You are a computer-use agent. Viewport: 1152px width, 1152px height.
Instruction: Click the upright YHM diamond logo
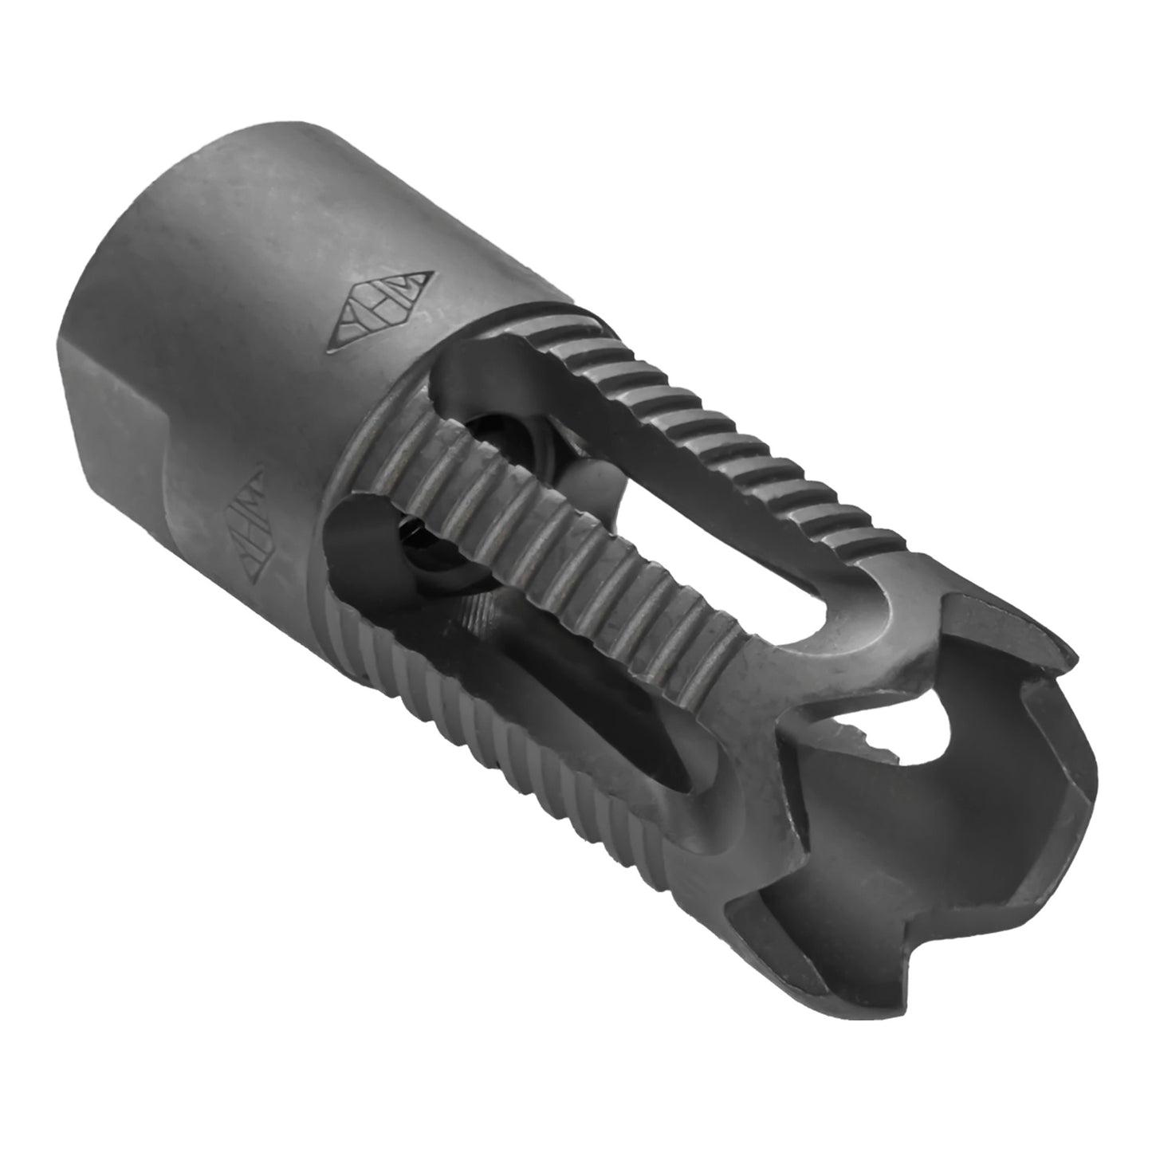[x=386, y=314]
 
